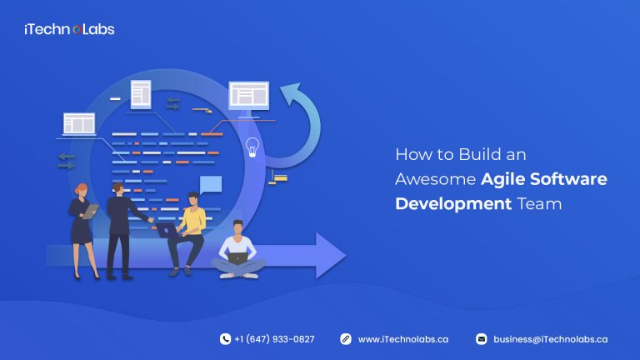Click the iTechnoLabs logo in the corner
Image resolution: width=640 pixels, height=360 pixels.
click(x=69, y=29)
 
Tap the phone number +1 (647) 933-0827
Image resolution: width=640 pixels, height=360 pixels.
click(x=274, y=339)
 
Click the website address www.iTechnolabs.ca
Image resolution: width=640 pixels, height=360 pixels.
click(x=403, y=339)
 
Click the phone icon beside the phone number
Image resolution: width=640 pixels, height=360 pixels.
click(x=225, y=339)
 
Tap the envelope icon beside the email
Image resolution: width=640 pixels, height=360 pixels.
click(x=481, y=339)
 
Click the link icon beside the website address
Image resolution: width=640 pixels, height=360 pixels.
click(x=345, y=339)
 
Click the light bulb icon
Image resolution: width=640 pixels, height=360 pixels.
click(x=252, y=147)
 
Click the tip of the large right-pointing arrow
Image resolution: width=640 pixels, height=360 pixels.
click(x=342, y=255)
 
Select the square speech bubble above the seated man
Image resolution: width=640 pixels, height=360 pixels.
click(x=211, y=185)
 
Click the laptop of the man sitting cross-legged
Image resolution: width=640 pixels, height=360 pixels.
click(x=238, y=258)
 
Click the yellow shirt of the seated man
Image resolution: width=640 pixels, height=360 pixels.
click(x=194, y=220)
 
